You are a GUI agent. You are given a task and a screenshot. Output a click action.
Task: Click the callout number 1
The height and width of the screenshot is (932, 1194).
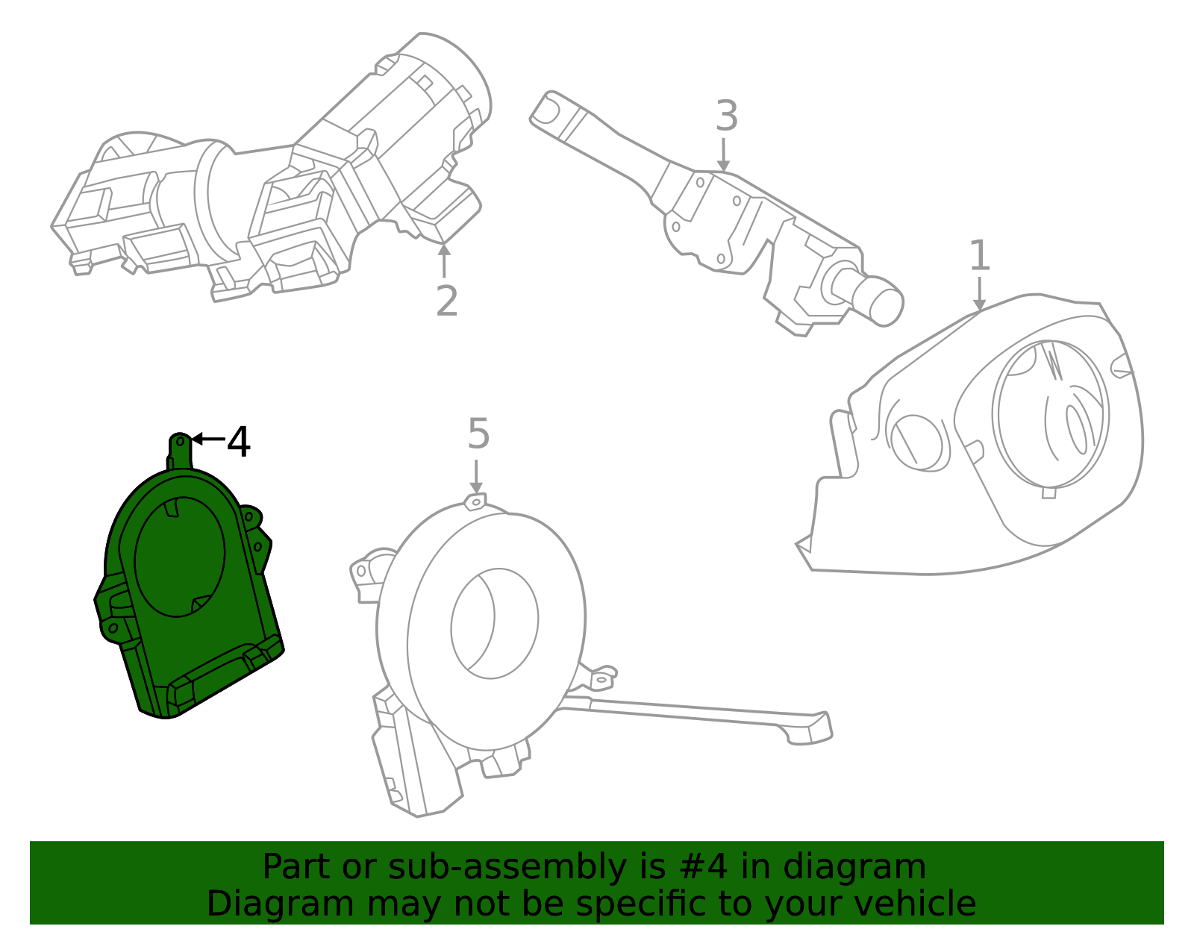pyautogui.click(x=979, y=256)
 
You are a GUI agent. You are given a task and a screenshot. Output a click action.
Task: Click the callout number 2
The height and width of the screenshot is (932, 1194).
pyautogui.click(x=446, y=301)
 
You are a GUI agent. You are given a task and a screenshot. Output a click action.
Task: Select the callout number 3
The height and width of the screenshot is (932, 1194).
pyautogui.click(x=726, y=116)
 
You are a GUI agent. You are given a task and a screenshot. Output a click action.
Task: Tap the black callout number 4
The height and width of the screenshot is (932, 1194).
pyautogui.click(x=238, y=442)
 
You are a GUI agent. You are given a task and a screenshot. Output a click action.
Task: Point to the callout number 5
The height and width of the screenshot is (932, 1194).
pyautogui.click(x=478, y=434)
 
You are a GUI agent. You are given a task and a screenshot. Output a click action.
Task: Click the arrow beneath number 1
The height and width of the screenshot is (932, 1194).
pyautogui.click(x=979, y=294)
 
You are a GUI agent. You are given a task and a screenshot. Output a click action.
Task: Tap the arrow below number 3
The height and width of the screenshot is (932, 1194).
pyautogui.click(x=722, y=155)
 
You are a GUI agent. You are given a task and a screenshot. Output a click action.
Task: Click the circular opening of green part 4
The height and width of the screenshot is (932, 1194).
pyautogui.click(x=180, y=557)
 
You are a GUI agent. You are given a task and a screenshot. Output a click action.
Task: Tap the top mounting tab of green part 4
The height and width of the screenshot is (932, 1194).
pyautogui.click(x=180, y=448)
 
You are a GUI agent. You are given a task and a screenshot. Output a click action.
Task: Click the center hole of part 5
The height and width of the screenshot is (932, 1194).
pyautogui.click(x=494, y=623)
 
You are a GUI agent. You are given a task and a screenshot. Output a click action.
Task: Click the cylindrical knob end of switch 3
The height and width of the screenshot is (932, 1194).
pyautogui.click(x=881, y=301)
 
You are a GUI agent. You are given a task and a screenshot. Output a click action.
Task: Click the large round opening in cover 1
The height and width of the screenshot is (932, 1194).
pyautogui.click(x=1051, y=415)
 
